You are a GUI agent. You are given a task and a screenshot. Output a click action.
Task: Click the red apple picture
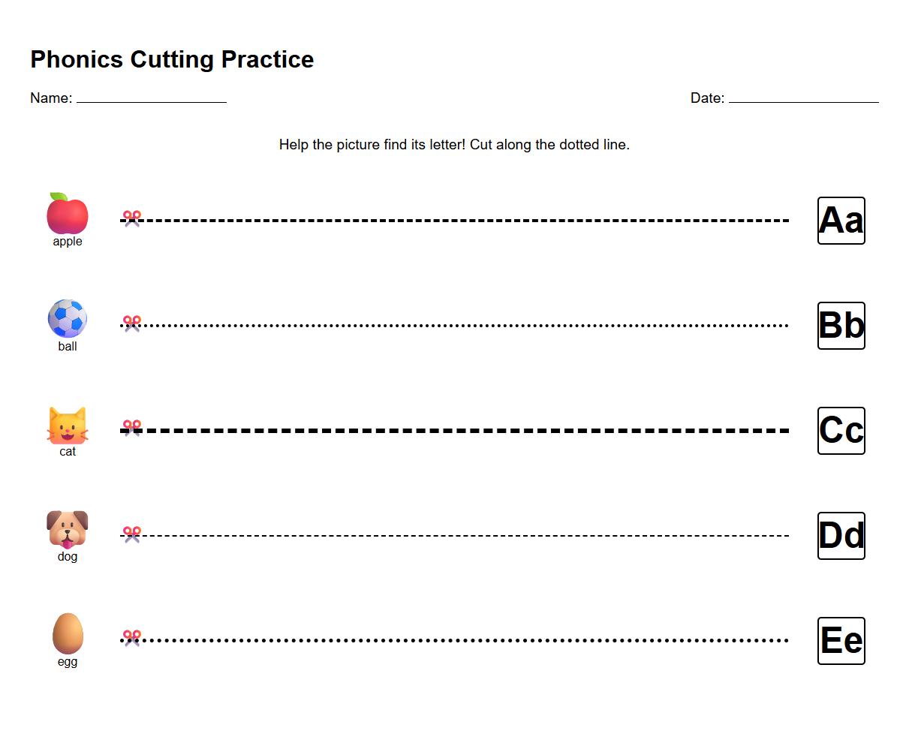pos(68,215)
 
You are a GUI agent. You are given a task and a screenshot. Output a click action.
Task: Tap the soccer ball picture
pos(68,318)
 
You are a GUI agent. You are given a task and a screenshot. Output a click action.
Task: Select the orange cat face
pos(68,426)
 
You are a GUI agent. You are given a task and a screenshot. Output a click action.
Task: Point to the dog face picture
pos(68,528)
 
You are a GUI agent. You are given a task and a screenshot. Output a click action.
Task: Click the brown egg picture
pos(68,633)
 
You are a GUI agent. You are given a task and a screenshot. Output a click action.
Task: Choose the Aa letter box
pos(841,221)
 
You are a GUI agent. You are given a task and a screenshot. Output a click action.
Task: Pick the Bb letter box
pos(841,326)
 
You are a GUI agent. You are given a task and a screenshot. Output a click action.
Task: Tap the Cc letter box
pos(841,431)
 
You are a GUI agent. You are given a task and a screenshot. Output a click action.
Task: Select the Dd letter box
pos(841,536)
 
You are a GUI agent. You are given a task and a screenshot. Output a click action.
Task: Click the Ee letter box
pos(841,641)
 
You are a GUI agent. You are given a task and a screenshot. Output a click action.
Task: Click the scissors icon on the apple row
pos(132,218)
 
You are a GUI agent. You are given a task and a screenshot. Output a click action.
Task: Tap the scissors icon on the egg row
pos(132,638)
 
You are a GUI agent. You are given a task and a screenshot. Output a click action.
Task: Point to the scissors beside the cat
pos(132,428)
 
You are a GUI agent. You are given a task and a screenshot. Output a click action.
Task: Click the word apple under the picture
pos(68,242)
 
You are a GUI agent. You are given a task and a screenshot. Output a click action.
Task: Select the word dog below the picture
pos(68,557)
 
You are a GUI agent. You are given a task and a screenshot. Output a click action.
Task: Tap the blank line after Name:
pos(151,100)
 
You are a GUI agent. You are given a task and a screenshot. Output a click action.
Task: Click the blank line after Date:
pos(803,100)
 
